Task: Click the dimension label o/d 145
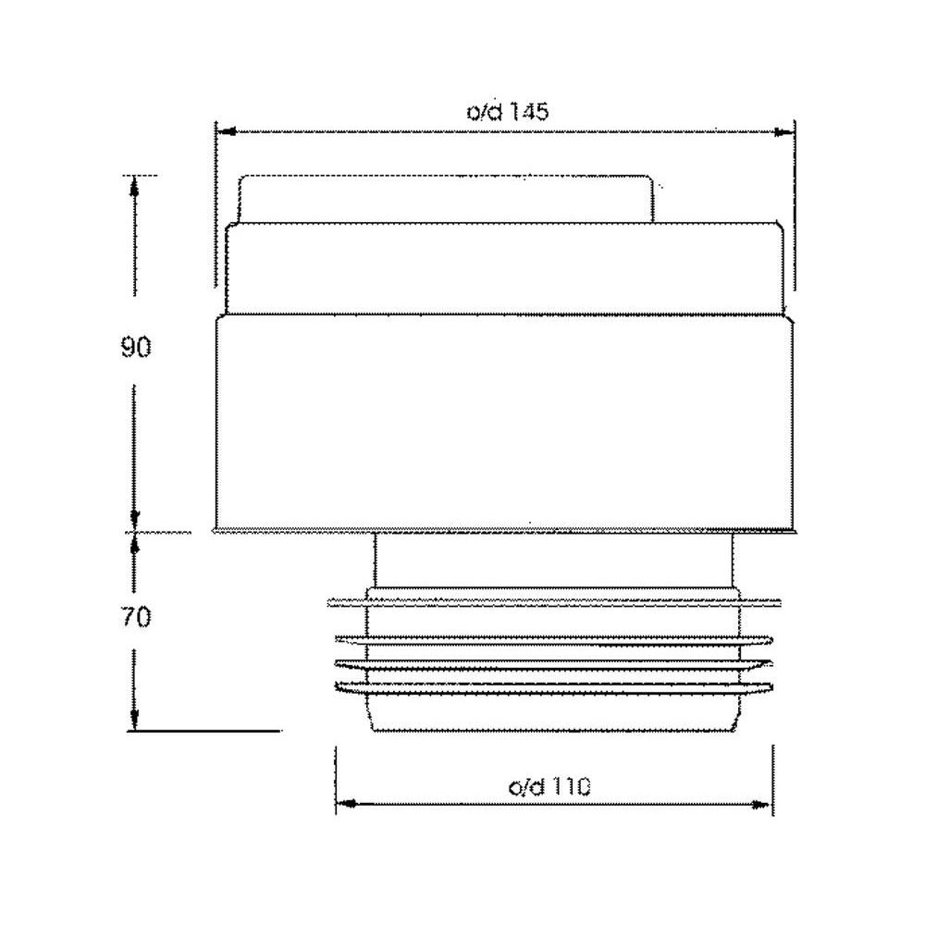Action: point(507,111)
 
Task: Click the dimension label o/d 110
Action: point(549,786)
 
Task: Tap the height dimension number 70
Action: point(136,617)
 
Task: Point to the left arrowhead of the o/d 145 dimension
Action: point(227,131)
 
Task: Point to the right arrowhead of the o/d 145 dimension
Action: point(783,132)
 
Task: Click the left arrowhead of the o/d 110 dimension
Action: point(346,804)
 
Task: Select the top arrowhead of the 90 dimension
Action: point(135,187)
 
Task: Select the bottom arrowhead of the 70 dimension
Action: point(134,719)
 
